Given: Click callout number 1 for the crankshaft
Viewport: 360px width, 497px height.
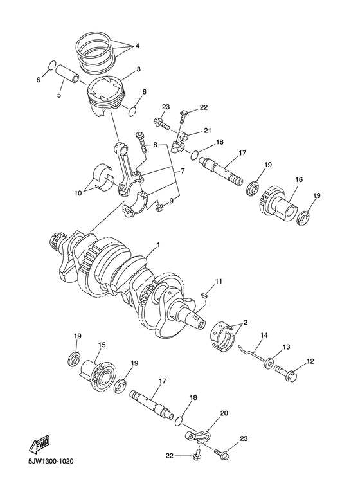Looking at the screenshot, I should pos(158,246).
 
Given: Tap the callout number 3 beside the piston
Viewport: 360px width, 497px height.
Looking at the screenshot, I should pos(138,69).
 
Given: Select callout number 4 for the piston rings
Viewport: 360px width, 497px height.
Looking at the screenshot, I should pos(137,46).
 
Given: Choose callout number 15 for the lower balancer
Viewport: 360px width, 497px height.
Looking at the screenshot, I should pos(101,345).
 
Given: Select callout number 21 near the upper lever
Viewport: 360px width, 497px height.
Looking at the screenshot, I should pos(207,131).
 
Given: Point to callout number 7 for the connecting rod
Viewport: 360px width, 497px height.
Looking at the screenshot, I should pos(183,172).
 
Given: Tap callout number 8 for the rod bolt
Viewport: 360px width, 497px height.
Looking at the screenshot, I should pos(155,145).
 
